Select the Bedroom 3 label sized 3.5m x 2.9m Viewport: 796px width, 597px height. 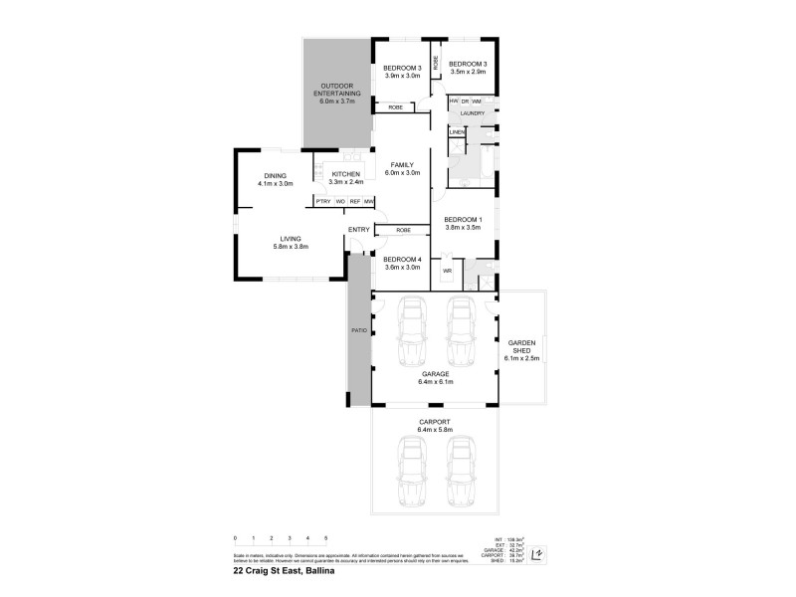click(x=468, y=68)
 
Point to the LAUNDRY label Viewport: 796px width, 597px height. click(x=473, y=113)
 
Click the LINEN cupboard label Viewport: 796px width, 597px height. click(x=457, y=131)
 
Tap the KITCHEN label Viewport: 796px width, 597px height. click(x=346, y=177)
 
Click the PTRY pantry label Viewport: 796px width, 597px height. click(x=322, y=202)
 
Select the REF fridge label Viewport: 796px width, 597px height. click(x=354, y=202)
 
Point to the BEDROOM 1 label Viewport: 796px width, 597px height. click(x=463, y=223)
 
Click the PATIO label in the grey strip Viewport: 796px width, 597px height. click(x=358, y=331)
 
